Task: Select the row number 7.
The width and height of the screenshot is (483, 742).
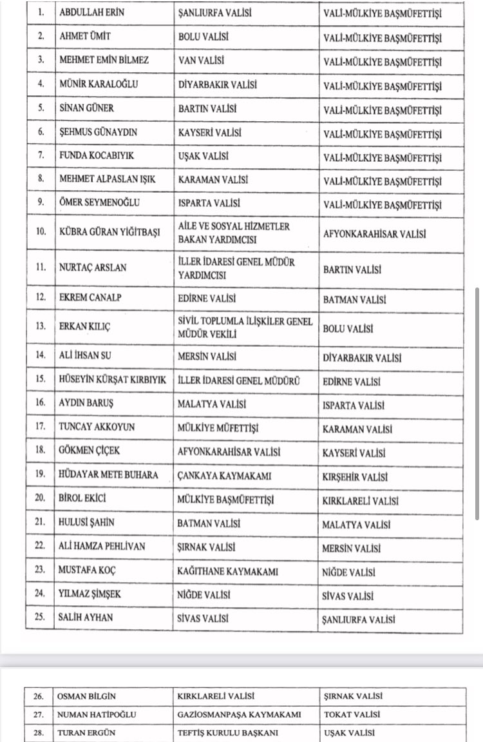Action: coord(41,156)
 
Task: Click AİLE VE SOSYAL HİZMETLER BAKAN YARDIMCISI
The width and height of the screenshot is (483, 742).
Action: coord(234,233)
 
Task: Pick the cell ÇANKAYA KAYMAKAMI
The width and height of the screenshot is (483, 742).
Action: coord(223,476)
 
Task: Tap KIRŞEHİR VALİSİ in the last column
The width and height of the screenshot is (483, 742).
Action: coord(355,477)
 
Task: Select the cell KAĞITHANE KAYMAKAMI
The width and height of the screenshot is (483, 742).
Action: coord(227,571)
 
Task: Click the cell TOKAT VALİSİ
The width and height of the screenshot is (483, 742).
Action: coord(352,714)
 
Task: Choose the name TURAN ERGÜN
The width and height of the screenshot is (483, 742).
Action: coord(83,732)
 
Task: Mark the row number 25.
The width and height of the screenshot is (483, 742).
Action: coord(41,618)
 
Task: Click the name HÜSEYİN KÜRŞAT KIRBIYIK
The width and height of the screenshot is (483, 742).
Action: coord(112,380)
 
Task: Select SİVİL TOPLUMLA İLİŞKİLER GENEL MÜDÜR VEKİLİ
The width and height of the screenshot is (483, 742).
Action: coord(245,326)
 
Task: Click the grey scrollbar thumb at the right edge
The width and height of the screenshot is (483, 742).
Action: coord(477,403)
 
